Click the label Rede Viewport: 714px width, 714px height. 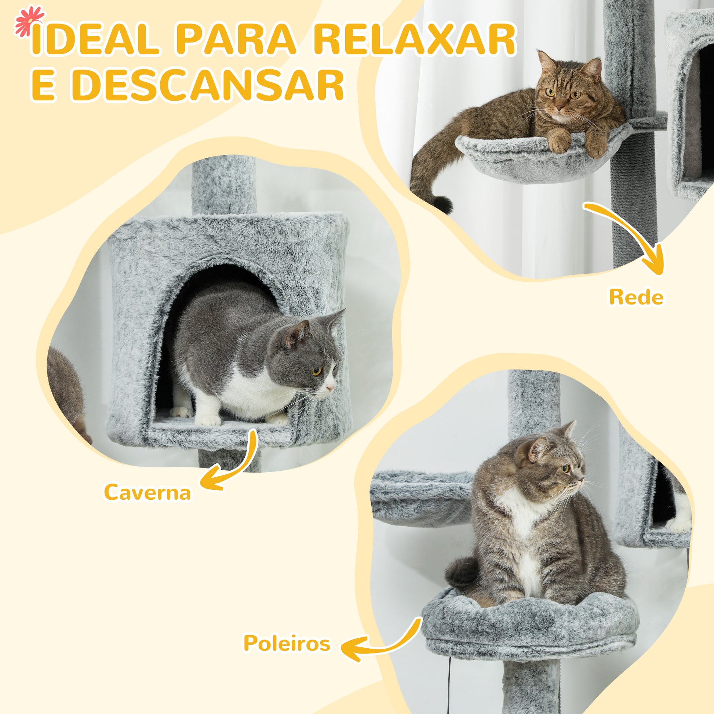click(x=636, y=297)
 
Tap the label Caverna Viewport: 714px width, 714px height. click(x=147, y=492)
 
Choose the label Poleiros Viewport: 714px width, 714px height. click(x=287, y=644)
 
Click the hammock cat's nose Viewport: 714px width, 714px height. click(x=559, y=108)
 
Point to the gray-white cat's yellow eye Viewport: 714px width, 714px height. click(x=317, y=371)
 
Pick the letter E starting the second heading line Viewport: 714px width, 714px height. click(x=44, y=85)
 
